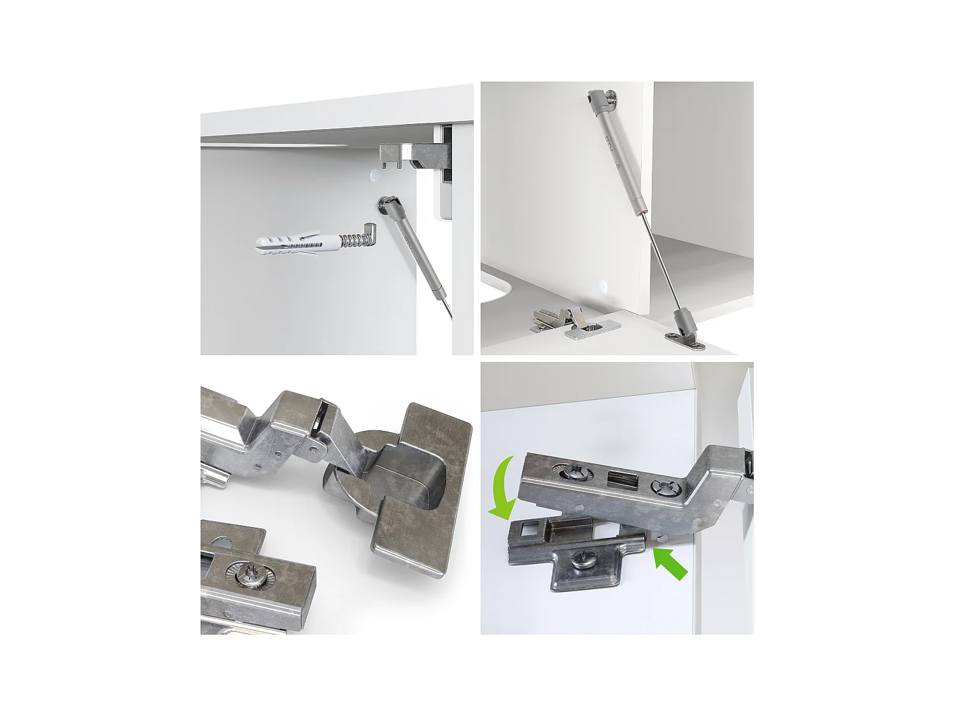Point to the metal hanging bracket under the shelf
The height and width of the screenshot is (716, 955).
tap(414, 155)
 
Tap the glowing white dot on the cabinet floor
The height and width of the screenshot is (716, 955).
tap(602, 284)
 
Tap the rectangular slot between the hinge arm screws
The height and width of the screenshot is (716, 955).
tap(617, 479)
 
